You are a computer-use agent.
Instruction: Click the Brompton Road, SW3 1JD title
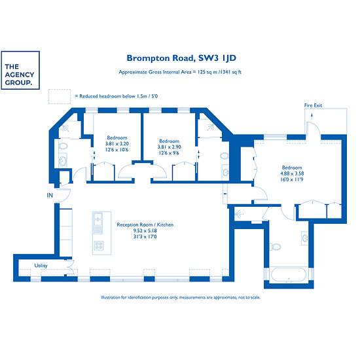(x=181, y=58)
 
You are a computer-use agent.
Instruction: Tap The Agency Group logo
(x=20, y=70)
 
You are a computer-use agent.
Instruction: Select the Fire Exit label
(x=313, y=105)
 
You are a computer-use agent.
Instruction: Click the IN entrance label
(x=50, y=195)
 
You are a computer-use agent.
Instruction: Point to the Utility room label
(x=41, y=266)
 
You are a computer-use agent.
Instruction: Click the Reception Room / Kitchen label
(x=145, y=225)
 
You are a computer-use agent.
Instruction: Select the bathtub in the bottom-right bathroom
(x=289, y=275)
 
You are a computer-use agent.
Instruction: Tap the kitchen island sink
(x=98, y=219)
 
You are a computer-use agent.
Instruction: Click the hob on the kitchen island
(x=99, y=245)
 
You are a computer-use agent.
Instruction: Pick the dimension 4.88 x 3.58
(x=292, y=173)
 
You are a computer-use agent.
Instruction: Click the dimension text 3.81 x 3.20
(x=117, y=144)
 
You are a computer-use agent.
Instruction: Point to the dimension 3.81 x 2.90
(x=170, y=147)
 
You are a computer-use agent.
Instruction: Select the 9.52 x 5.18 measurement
(x=145, y=230)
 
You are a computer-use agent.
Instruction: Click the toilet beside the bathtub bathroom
(x=276, y=247)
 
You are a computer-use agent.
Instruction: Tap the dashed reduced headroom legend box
(x=60, y=96)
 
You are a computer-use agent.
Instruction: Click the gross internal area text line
(x=180, y=72)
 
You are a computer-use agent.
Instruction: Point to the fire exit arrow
(x=312, y=116)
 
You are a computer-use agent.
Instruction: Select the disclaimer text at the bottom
(x=181, y=297)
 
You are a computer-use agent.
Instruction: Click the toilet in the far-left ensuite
(x=63, y=146)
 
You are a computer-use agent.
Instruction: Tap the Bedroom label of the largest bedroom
(x=292, y=168)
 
